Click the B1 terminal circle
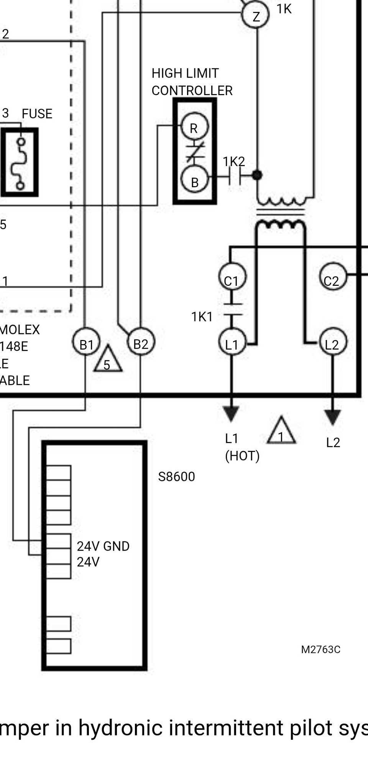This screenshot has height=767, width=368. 86,342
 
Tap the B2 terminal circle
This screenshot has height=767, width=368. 141,341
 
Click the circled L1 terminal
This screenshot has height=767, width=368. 232,342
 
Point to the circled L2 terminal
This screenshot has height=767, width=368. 332,342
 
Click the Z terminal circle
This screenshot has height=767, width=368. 256,15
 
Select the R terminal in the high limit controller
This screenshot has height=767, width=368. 194,127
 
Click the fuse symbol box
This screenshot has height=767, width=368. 20,162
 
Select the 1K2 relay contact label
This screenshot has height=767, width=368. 234,162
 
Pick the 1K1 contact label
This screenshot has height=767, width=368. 202,317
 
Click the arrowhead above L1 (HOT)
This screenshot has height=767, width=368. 231,414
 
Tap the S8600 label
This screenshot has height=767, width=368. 176,477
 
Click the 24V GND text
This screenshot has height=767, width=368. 103,546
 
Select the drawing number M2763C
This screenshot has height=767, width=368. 320,650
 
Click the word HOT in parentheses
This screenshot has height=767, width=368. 242,456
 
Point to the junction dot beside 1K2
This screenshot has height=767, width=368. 257,175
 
